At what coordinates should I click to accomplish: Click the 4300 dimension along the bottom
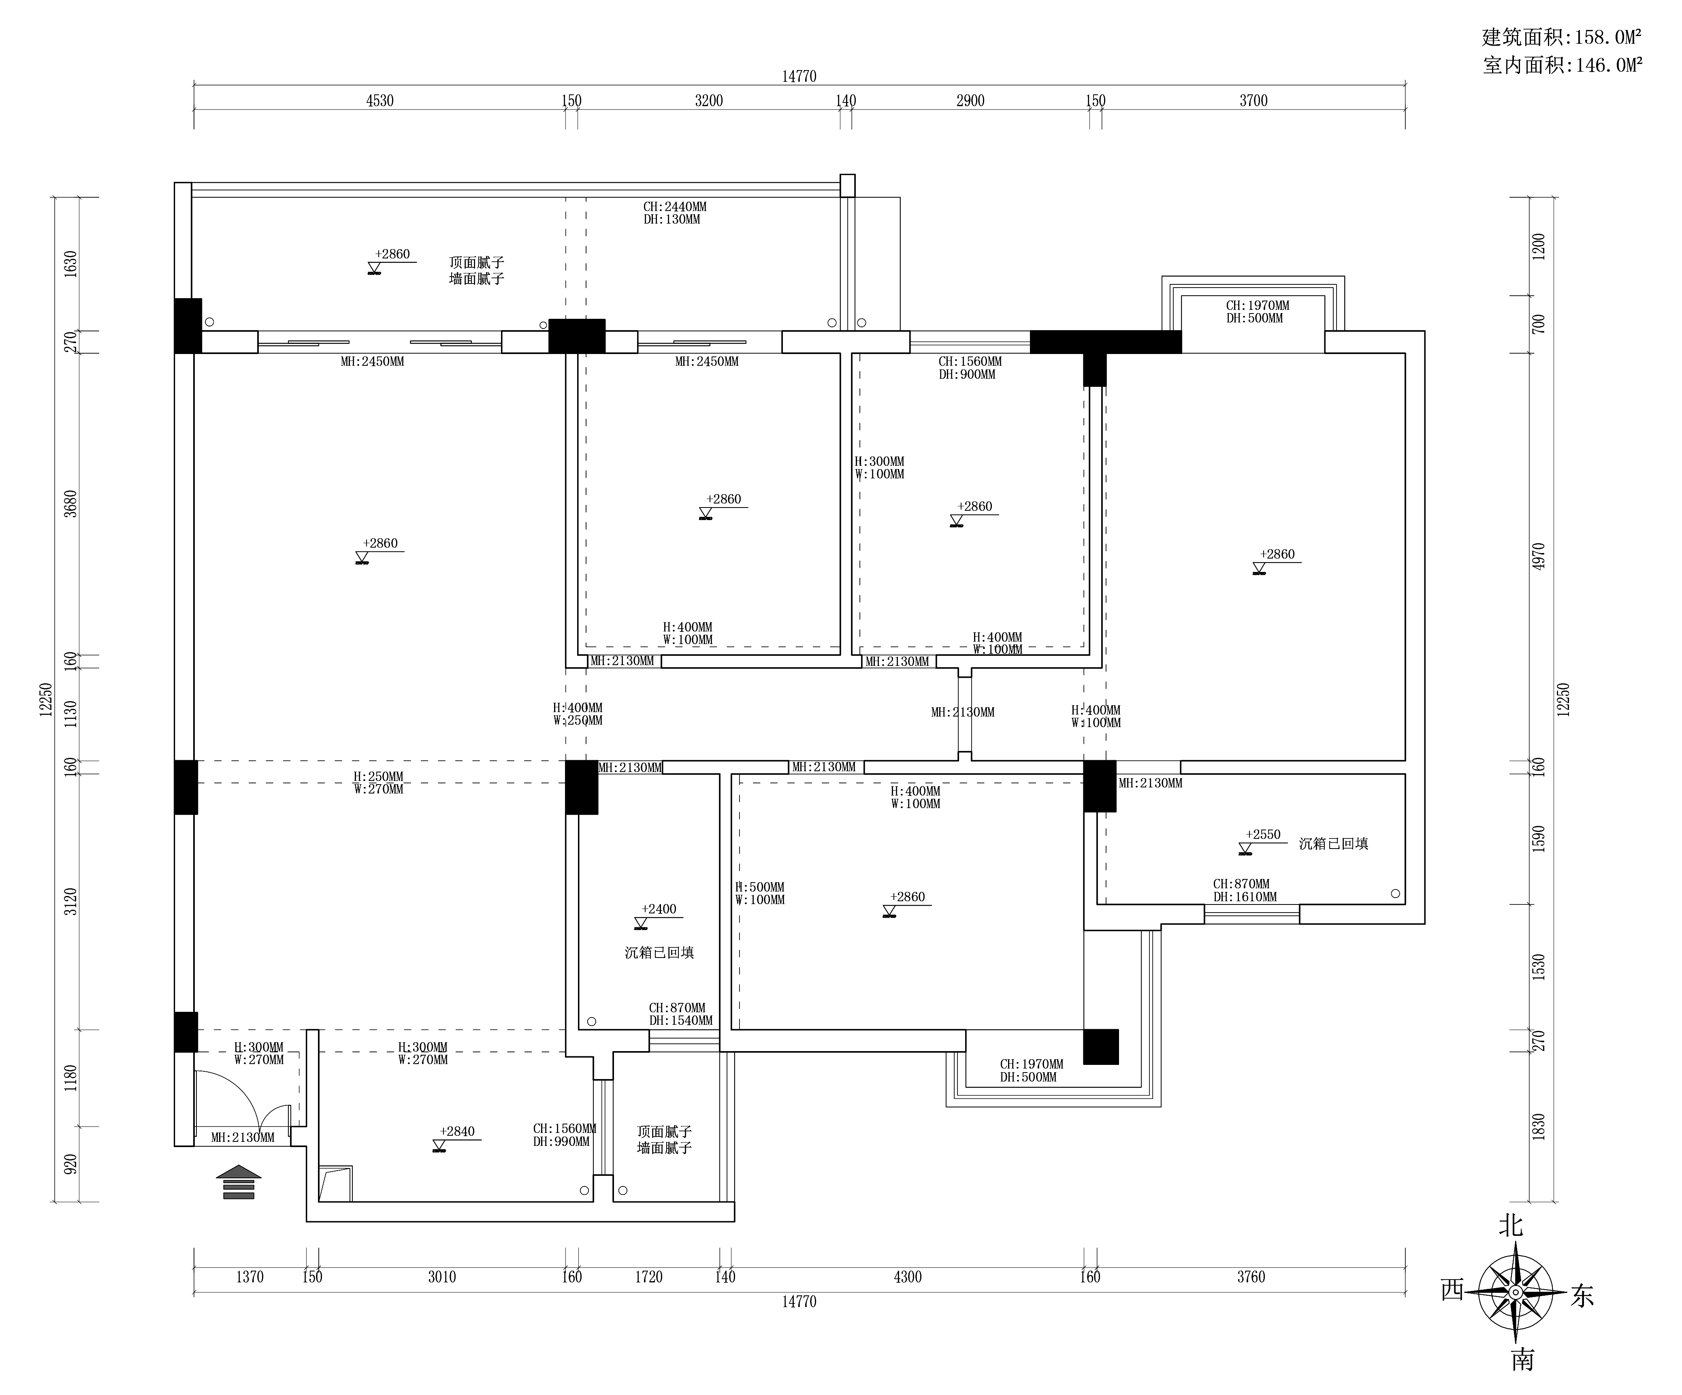coord(908,1276)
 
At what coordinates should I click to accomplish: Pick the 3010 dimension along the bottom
coord(441,1276)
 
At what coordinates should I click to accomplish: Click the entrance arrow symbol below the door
coord(239,1182)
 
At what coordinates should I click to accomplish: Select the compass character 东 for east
coord(1582,1296)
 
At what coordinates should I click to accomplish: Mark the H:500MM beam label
coord(760,887)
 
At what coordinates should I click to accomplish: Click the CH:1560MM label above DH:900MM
coord(970,361)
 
